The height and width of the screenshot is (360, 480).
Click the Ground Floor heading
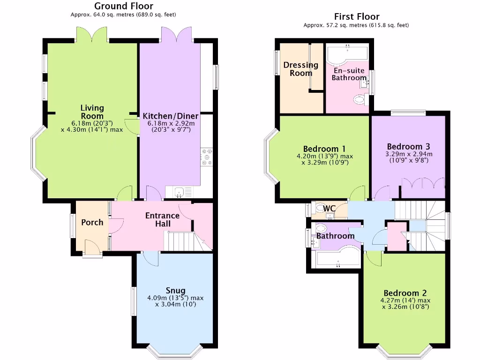click(x=123, y=6)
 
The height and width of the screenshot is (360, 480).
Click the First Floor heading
click(x=356, y=17)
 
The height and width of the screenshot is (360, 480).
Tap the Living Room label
click(x=92, y=112)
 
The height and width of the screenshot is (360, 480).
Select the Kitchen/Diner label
click(x=171, y=116)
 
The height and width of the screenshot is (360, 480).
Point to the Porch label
click(x=92, y=222)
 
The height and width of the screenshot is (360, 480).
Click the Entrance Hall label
click(x=162, y=219)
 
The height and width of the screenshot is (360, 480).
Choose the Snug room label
click(x=175, y=291)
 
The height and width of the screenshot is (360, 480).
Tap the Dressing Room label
click(x=300, y=69)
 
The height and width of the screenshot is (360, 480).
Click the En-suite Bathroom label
click(x=349, y=74)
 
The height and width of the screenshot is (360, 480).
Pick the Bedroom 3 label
click(x=408, y=146)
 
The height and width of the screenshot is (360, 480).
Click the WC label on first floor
click(x=330, y=209)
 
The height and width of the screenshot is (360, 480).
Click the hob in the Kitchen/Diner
click(x=207, y=157)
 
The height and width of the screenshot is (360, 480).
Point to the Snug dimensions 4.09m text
click(x=175, y=298)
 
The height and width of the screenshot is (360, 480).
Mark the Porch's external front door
click(x=92, y=248)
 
